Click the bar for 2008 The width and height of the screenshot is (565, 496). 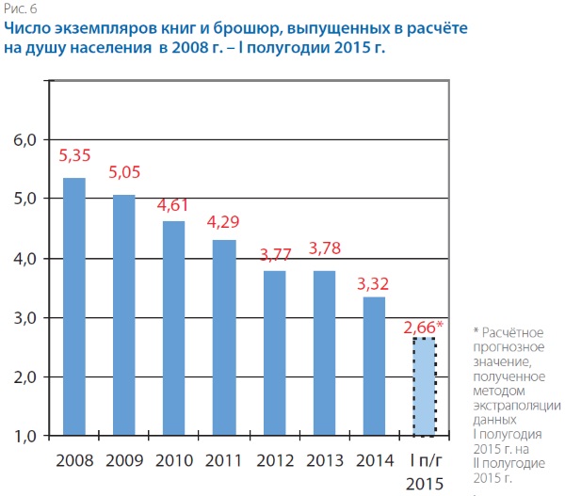[73, 307]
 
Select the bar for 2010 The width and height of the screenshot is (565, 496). [173, 328]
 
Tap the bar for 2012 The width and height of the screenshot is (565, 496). [274, 353]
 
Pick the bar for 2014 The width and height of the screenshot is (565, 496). [374, 366]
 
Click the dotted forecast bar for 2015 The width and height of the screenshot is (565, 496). [424, 386]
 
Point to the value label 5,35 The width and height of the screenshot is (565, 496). [74, 156]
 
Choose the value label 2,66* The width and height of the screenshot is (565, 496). [424, 328]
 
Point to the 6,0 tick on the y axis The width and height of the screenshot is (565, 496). [23, 139]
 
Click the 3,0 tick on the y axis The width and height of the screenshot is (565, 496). [23, 317]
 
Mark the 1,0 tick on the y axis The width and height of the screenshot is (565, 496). [23, 436]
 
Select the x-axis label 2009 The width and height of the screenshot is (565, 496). [123, 461]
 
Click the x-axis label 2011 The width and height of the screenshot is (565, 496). [223, 461]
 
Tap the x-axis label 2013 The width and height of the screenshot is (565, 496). [324, 461]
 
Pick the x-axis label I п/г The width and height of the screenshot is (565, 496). [424, 461]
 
